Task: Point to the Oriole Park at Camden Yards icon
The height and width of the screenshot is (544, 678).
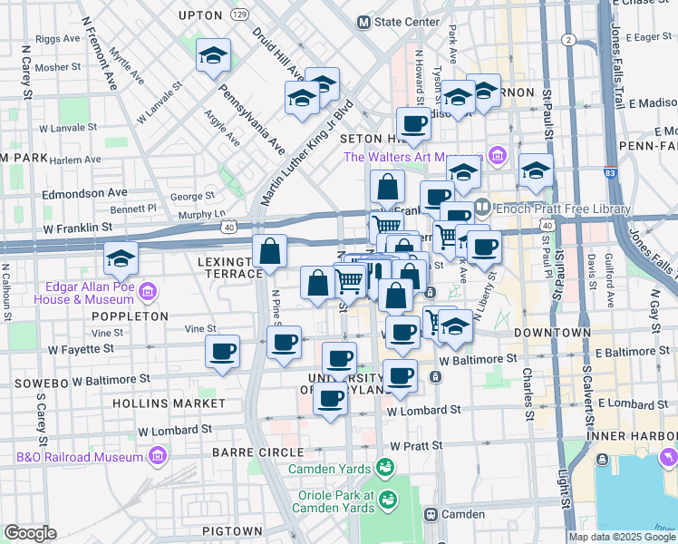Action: tap(387, 500)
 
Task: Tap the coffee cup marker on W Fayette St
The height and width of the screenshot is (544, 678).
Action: tap(222, 352)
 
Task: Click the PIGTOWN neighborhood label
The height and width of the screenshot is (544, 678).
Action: tap(233, 531)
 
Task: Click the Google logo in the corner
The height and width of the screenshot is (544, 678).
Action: tap(30, 533)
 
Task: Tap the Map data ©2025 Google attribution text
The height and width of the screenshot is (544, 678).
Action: tap(622, 537)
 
